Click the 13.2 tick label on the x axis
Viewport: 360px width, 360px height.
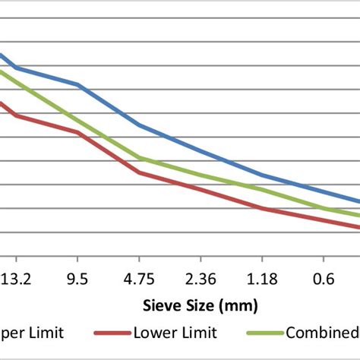(x=16, y=279)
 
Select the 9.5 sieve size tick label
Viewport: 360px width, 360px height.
(x=78, y=279)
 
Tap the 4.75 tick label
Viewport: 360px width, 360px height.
(x=140, y=279)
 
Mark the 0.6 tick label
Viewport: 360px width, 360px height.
(x=324, y=279)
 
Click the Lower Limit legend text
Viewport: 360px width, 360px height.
(x=175, y=333)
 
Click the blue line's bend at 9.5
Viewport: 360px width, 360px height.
(x=78, y=84)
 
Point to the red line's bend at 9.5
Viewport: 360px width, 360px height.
(x=78, y=132)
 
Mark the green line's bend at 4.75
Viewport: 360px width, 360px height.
(x=140, y=158)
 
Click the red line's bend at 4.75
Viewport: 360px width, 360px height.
(x=140, y=172)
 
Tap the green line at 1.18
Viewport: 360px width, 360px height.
(x=263, y=189)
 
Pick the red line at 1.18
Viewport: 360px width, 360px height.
(x=263, y=208)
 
